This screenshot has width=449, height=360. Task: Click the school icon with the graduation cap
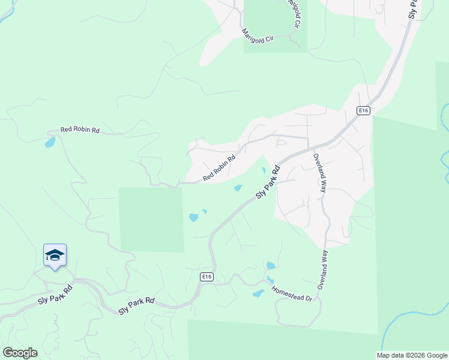tap(55, 255)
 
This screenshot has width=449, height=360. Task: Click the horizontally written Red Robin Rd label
tap(80, 130)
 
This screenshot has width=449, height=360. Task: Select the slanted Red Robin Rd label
tap(219, 168)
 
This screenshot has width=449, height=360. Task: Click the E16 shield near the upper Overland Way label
tap(363, 110)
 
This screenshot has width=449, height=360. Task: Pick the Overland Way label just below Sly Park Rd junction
tap(319, 173)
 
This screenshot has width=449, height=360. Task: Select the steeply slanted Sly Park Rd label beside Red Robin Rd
tap(268, 181)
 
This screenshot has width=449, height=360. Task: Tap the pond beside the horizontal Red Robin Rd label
tap(50, 143)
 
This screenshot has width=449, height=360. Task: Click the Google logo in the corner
tap(20, 353)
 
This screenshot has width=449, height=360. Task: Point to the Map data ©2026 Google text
tap(412, 355)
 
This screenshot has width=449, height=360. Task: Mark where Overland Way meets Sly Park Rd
tap(309, 148)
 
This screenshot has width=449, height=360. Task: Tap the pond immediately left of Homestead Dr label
tap(258, 293)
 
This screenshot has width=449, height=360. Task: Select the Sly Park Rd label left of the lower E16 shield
tap(136, 306)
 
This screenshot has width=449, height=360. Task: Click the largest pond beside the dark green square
tap(193, 218)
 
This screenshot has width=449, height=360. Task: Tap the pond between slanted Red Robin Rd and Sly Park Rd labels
tap(238, 188)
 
